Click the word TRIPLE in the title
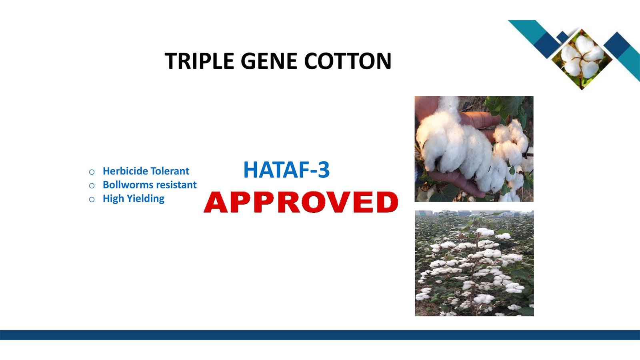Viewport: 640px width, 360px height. pos(200,61)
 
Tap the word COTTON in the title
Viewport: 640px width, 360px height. pos(348,61)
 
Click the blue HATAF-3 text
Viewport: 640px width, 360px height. pos(286,170)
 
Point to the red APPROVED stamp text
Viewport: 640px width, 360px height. pos(301,202)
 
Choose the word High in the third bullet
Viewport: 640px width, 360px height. pos(113,199)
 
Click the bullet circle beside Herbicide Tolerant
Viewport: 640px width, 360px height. pos(92,172)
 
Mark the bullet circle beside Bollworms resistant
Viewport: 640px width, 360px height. pos(92,186)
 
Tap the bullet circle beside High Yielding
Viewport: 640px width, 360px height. pos(92,200)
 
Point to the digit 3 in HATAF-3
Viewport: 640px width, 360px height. pos(324,170)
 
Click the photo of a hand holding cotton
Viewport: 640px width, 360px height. pos(474,149)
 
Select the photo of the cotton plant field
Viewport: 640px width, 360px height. pos(474,263)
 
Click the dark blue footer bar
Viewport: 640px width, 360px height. pos(320,335)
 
